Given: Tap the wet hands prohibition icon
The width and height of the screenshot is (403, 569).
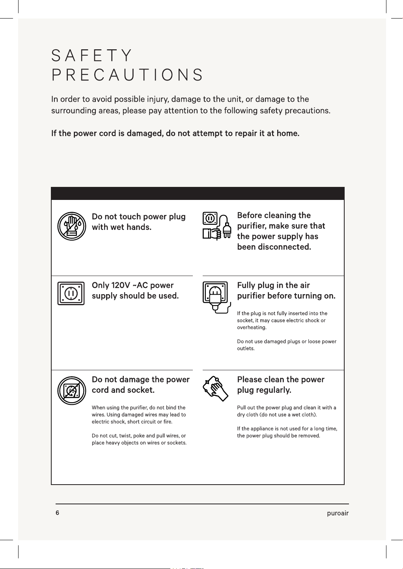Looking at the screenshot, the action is pos(72,226).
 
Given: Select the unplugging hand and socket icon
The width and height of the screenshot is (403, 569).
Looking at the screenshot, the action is pos(217,226).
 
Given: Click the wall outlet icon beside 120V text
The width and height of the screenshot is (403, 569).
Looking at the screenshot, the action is pos(71,293).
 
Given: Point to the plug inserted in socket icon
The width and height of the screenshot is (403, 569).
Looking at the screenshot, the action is pos(217,297).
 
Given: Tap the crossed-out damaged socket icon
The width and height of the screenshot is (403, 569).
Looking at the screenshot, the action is pos(72,390).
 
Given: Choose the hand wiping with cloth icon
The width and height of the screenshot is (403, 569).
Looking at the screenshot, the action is pos(215,389).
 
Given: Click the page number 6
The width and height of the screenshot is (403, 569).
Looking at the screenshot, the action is pos(58,513).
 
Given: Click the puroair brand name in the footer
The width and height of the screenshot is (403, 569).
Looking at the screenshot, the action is pos(338,513).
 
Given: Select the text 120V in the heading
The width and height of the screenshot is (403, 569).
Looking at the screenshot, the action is pos(120,285).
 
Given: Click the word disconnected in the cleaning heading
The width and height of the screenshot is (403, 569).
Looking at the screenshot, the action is pos(284,247).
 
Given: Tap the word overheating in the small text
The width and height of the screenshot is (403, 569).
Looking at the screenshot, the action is pos(252,327).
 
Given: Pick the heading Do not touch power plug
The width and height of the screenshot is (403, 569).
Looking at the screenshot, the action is pos(138,216).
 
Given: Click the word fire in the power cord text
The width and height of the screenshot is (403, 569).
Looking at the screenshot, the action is pos(168,422).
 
